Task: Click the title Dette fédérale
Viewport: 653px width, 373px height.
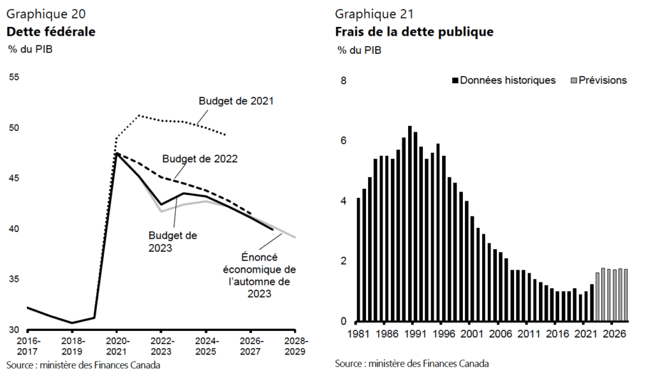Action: (51, 31)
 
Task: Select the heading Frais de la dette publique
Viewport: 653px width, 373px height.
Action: (414, 31)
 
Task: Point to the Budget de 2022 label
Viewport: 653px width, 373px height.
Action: (200, 158)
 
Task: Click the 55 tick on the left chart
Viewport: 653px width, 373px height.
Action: (14, 77)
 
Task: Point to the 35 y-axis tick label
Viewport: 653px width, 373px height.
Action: (14, 279)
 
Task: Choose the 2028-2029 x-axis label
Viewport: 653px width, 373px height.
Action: (295, 345)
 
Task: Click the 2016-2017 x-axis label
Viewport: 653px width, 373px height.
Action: (27, 345)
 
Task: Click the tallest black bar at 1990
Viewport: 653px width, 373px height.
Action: (409, 224)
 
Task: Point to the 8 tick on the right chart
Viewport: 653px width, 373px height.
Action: (344, 81)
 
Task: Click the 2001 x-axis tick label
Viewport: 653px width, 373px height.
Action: (473, 334)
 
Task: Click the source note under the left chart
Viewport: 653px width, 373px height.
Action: (84, 365)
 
